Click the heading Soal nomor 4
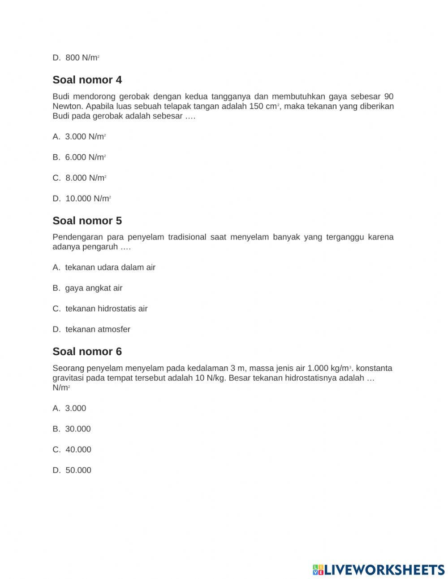[87, 80]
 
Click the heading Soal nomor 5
[87, 221]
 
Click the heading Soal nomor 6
[87, 351]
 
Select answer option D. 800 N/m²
[76, 58]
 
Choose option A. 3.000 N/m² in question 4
[79, 137]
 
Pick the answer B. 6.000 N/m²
[79, 157]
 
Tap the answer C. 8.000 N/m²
[79, 178]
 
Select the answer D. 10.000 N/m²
[82, 199]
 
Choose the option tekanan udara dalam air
[104, 267]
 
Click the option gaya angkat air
[87, 288]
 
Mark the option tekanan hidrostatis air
[100, 309]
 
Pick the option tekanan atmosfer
[91, 329]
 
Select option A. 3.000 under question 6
[69, 408]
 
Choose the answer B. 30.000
[72, 429]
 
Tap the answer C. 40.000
[72, 449]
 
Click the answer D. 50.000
[72, 470]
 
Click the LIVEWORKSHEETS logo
[379, 570]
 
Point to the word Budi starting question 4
[61, 96]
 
